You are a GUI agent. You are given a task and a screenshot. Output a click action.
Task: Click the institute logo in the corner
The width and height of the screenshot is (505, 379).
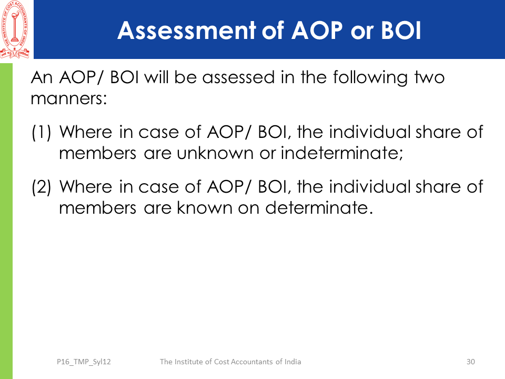(15, 29)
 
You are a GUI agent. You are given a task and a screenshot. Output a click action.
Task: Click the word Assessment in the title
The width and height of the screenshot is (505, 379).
(186, 31)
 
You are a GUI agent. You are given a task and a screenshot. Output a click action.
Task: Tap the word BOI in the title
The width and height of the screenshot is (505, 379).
(401, 31)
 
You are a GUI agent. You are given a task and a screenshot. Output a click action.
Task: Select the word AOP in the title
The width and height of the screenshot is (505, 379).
(317, 31)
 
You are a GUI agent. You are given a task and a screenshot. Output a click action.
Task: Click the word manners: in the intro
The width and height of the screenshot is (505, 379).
(68, 98)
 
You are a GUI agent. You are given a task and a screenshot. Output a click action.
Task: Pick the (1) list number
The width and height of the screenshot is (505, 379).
(42, 133)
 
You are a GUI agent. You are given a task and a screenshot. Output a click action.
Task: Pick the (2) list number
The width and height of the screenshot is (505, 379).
(42, 187)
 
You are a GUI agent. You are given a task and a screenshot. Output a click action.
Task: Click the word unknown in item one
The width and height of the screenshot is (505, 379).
(215, 153)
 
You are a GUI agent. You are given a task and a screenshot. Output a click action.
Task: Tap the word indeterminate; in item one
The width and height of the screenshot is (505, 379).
(342, 153)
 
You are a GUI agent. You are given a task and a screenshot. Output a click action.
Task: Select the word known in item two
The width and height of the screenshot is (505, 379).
(205, 207)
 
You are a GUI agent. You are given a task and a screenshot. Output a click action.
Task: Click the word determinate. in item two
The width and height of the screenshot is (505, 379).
(319, 207)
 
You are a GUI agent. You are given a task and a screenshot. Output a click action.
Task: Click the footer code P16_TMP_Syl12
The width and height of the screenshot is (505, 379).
(84, 362)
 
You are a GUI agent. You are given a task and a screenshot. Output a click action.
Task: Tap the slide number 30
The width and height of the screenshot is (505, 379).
(470, 362)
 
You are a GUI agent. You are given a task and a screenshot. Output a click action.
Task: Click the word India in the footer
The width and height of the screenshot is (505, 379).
(292, 362)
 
